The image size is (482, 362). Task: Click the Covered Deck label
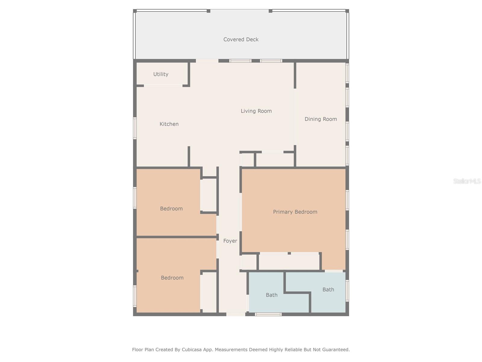[x=241, y=40]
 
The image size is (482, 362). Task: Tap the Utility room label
[x=161, y=74]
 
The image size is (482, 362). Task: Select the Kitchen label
[x=169, y=124]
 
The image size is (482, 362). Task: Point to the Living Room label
[x=256, y=111]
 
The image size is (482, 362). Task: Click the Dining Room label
[x=321, y=119]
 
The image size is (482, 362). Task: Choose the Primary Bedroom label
[x=295, y=212]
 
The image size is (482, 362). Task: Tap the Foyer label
[x=230, y=241]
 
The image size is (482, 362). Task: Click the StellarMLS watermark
[x=467, y=181]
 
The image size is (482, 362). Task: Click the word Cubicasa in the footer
[x=192, y=350]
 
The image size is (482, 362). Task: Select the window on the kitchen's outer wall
[x=135, y=128]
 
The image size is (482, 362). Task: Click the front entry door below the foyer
[x=236, y=314]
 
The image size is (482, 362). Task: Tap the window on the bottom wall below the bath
[x=268, y=314]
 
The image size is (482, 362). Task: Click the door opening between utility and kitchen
[x=163, y=86]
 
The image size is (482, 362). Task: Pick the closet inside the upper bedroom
[x=208, y=195]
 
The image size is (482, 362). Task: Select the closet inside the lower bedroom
[x=208, y=292]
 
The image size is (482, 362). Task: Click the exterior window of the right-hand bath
[x=347, y=291]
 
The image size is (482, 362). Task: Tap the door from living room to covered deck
[x=207, y=61]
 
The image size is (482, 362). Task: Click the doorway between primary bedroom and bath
[x=334, y=271]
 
